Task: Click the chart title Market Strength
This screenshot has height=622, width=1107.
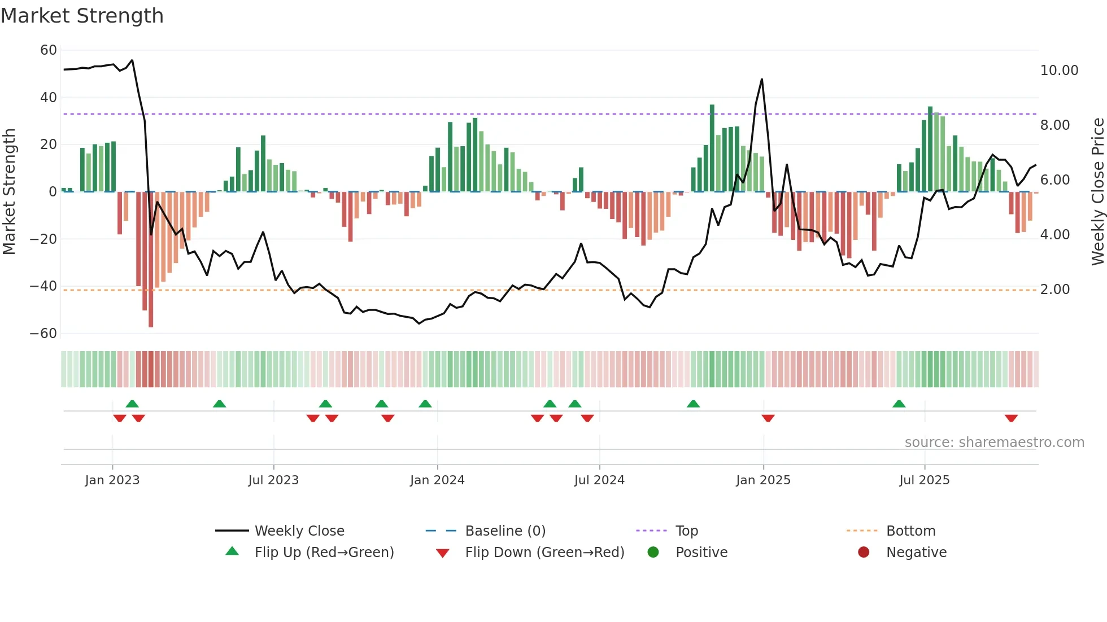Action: (x=82, y=16)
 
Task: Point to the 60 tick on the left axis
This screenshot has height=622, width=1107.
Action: (x=49, y=50)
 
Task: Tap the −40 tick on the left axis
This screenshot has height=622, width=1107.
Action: (x=43, y=286)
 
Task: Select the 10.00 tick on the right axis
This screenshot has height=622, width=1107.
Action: (x=1059, y=71)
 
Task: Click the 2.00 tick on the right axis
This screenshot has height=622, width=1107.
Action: (x=1054, y=290)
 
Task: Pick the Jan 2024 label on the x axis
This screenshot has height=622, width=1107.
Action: (x=437, y=480)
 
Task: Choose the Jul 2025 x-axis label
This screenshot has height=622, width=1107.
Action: (x=924, y=480)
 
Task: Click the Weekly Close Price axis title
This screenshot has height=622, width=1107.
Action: (x=1097, y=191)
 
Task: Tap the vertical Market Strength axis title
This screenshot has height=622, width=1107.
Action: (x=9, y=191)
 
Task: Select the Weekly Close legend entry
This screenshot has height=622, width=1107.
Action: (x=299, y=531)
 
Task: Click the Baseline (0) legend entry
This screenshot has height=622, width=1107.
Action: (x=505, y=531)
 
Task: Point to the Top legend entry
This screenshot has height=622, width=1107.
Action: (x=687, y=531)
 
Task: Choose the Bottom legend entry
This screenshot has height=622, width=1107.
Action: (x=910, y=531)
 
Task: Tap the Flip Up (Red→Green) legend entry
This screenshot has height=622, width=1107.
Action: (x=324, y=553)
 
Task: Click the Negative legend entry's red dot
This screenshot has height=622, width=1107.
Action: (x=864, y=553)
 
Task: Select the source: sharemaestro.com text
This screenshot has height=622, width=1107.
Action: (x=994, y=443)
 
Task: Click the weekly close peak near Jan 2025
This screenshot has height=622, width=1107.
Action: (x=762, y=80)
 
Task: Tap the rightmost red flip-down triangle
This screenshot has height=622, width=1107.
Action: (x=1011, y=418)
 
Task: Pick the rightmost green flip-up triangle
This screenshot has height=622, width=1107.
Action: (x=899, y=404)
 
